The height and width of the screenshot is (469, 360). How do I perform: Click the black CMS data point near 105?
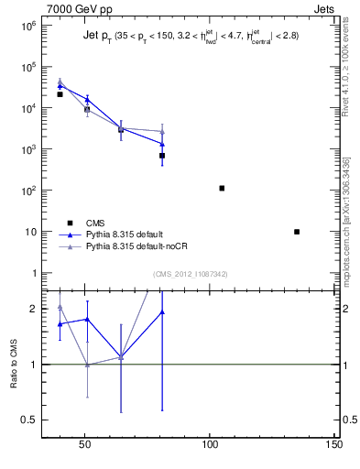pos(222,188)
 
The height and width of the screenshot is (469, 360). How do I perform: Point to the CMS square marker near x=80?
pos(162,156)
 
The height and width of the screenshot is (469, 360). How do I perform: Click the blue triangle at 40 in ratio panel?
pos(60,323)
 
